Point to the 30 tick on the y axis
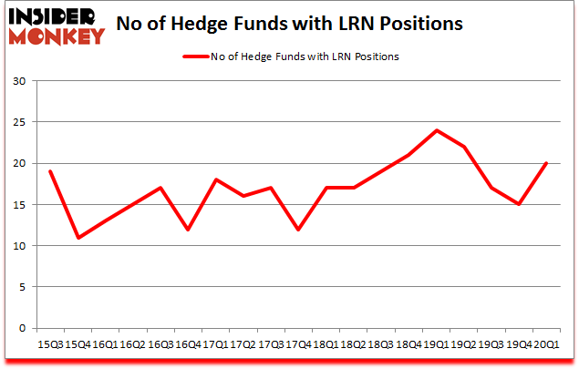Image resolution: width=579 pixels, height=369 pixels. coord(19,81)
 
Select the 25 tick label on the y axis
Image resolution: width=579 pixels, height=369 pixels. coord(19,122)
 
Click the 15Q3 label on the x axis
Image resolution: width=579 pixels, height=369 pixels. coord(50,344)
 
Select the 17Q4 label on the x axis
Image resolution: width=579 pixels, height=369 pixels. coord(297,344)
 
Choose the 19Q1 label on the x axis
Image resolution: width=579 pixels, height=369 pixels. coord(436,344)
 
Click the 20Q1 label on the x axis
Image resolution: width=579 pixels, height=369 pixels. coord(545,344)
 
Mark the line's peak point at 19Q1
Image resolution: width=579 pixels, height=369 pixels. coord(436,130)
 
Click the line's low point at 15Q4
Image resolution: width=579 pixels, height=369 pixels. coord(78,238)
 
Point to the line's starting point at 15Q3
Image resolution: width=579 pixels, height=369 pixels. coord(50,171)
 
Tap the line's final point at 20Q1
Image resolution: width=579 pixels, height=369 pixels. coord(545,163)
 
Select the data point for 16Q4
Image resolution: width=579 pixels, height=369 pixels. coord(188,230)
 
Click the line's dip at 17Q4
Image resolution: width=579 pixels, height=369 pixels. coord(297,230)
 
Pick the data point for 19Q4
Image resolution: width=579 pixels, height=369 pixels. coord(518,204)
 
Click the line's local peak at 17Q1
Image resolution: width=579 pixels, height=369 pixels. coord(215,179)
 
